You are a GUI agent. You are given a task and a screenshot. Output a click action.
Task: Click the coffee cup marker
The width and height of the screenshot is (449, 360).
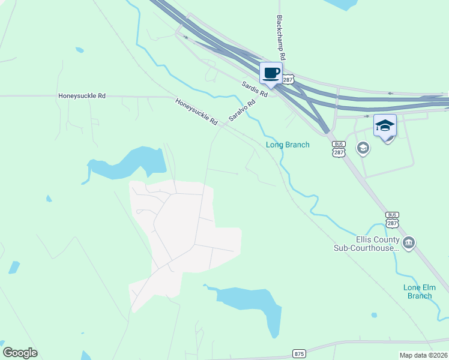point(271,73)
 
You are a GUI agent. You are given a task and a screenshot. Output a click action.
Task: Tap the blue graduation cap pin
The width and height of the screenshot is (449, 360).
point(385,125)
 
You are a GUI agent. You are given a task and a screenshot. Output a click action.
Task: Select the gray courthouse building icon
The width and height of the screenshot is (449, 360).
point(409,242)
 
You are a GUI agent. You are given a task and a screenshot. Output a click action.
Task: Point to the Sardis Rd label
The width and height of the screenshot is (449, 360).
point(255,90)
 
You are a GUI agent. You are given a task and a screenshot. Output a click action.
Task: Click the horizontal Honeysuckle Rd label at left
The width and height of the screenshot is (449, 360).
point(82,95)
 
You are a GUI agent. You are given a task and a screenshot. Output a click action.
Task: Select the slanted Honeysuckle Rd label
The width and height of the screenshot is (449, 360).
point(196,112)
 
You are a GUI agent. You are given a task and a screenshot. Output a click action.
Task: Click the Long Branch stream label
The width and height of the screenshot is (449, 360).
point(288,145)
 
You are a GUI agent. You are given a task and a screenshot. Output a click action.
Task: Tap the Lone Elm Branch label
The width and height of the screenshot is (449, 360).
point(418,292)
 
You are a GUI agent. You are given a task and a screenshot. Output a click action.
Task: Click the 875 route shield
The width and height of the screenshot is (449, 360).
point(299,353)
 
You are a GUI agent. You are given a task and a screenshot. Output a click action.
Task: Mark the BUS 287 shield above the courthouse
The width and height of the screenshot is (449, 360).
point(393,219)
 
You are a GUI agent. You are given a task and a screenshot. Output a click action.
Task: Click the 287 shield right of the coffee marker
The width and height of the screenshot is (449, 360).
point(289,79)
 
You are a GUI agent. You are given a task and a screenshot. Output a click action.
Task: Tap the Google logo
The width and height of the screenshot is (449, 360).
point(20,353)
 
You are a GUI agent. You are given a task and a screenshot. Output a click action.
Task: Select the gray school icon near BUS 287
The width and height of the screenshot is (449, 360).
point(363,148)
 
